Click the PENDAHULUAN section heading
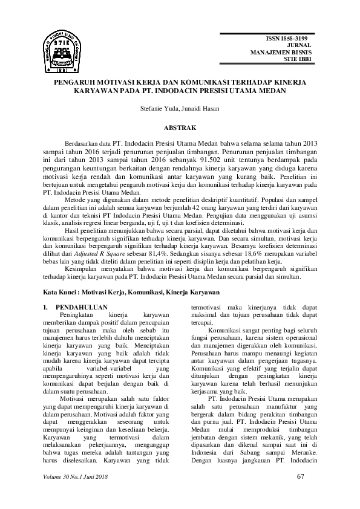click(x=81, y=307)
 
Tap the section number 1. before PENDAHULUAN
click(x=47, y=307)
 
